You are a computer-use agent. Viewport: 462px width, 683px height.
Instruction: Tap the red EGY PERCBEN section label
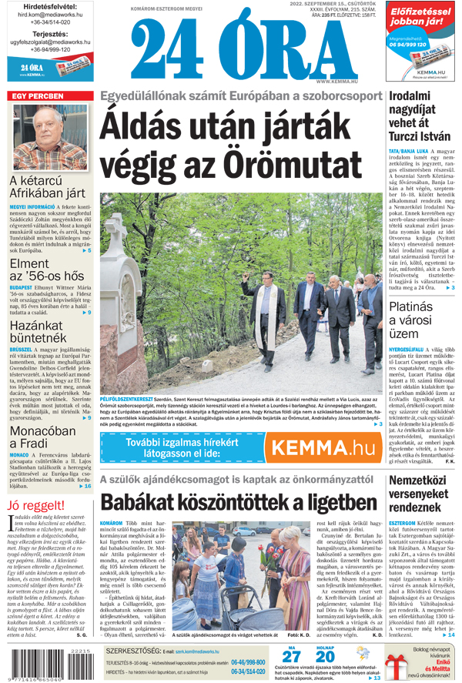click(x=36, y=96)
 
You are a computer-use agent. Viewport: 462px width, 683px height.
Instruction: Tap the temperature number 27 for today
click(x=290, y=657)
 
